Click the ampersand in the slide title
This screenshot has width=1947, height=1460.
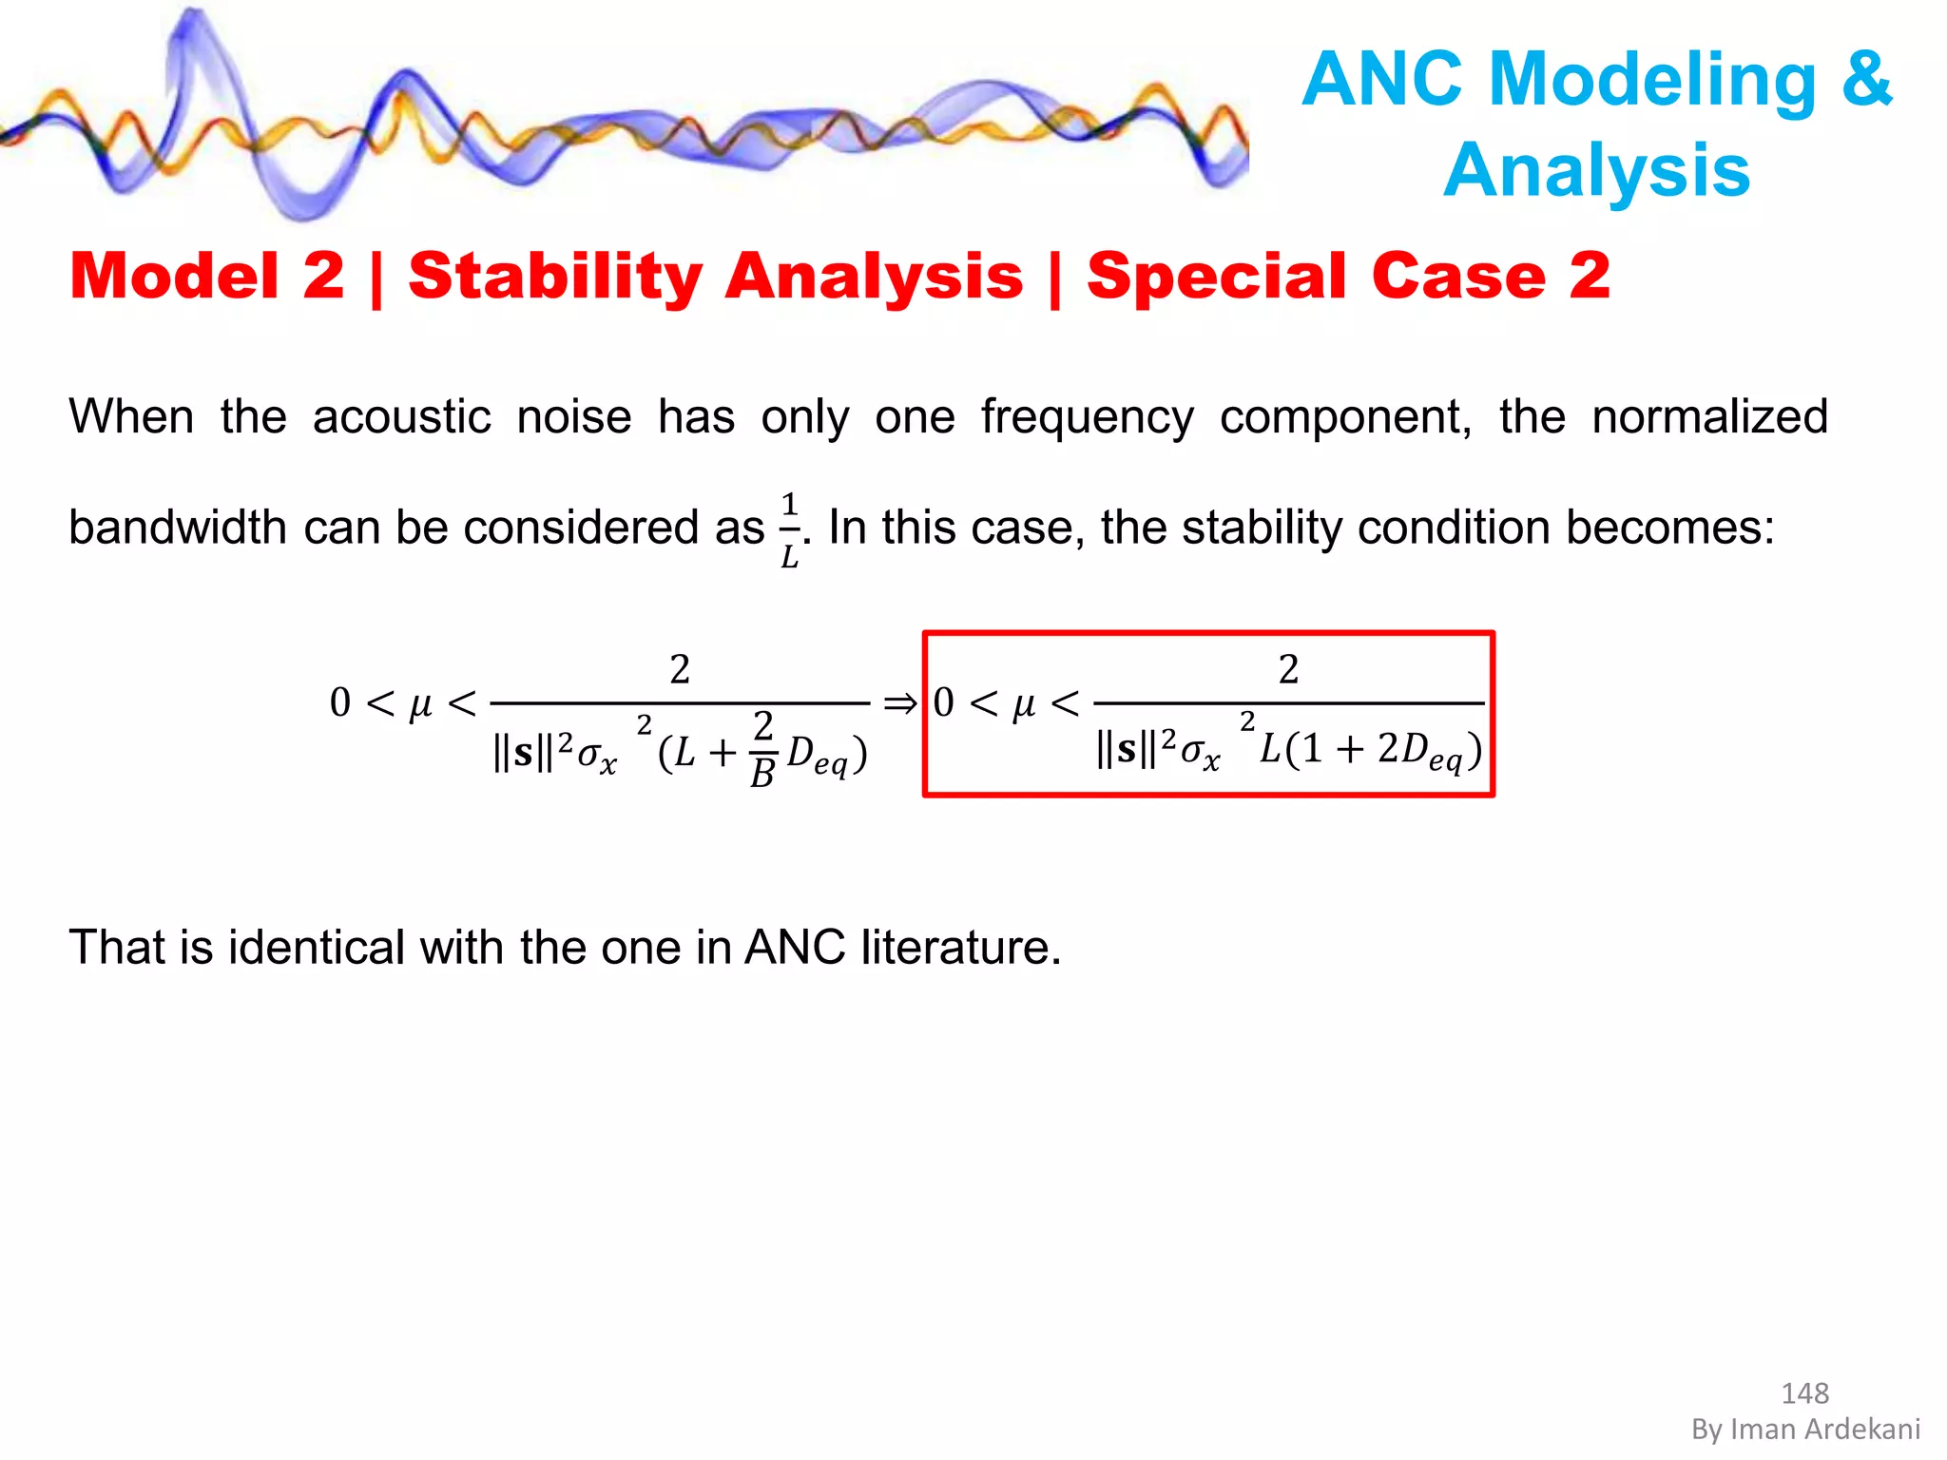point(1866,80)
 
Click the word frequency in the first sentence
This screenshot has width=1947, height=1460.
point(1087,418)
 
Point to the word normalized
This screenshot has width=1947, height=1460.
point(1708,417)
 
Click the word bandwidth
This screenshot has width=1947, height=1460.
point(177,528)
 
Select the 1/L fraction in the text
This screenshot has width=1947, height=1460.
point(789,529)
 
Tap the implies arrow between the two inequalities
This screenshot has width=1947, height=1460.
point(899,704)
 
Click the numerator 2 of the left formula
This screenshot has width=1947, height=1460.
point(679,670)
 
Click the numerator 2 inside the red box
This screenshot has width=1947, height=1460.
point(1287,670)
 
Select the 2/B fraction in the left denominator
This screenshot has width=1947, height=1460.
point(762,750)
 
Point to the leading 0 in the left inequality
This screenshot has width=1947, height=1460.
point(339,703)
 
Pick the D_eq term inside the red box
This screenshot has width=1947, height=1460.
point(1432,752)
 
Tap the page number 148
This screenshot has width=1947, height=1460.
point(1803,1393)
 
